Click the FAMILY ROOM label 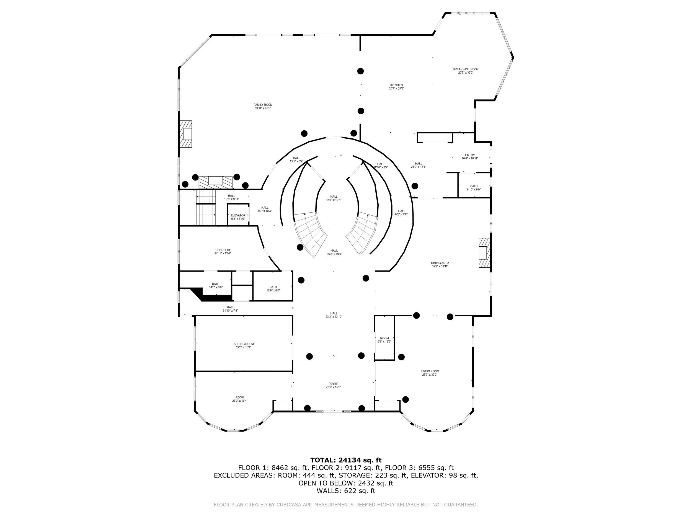[x=263, y=105]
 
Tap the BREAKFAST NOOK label [x=466, y=69]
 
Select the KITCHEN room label [x=396, y=85]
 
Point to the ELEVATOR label [x=238, y=216]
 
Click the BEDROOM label [x=223, y=250]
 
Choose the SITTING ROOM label [x=244, y=344]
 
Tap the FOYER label [x=333, y=384]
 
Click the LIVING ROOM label [x=430, y=371]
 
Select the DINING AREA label [x=440, y=263]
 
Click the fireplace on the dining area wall [x=484, y=253]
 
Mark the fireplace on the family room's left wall [x=185, y=134]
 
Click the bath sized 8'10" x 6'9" [x=474, y=188]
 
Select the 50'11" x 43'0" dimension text [x=263, y=108]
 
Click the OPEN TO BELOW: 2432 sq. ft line [x=346, y=483]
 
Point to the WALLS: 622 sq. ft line [x=346, y=491]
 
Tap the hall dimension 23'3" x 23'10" [x=334, y=317]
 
